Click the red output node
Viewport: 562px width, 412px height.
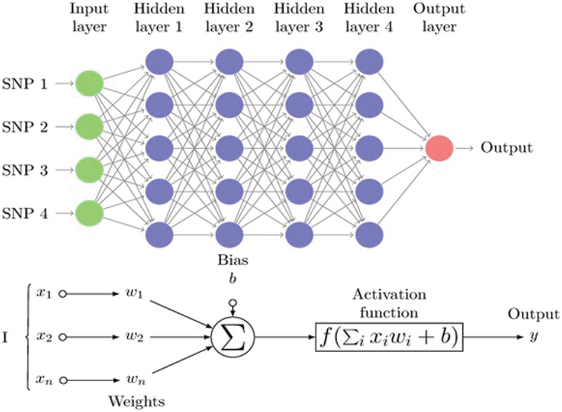point(439,147)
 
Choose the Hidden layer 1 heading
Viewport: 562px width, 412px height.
point(159,18)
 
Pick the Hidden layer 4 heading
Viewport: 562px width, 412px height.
point(368,18)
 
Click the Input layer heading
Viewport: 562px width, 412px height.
point(89,18)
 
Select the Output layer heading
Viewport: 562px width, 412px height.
point(438,18)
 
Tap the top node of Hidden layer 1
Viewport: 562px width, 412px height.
point(159,62)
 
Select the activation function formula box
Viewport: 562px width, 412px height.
point(387,337)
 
